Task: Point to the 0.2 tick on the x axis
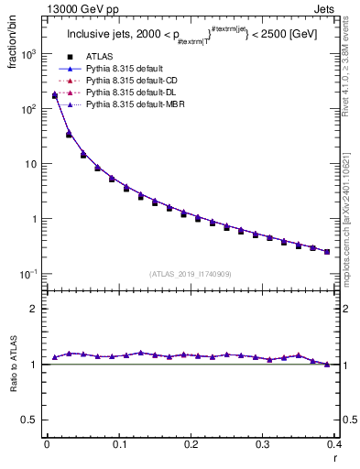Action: point(191,444)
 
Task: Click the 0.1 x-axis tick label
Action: point(119,444)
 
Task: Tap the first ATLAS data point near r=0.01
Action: point(54,95)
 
